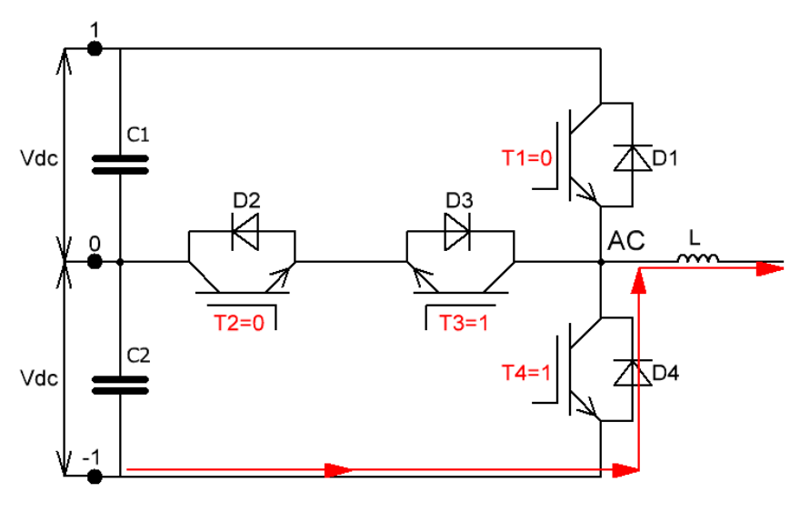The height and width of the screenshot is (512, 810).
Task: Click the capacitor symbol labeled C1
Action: [x=120, y=165]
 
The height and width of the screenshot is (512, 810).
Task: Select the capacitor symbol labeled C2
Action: [x=120, y=385]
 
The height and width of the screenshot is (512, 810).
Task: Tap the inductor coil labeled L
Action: [x=697, y=257]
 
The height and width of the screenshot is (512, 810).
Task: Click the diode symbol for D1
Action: [x=633, y=158]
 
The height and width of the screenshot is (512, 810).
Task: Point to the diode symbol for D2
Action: [x=245, y=232]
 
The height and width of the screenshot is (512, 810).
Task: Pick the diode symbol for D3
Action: [x=457, y=232]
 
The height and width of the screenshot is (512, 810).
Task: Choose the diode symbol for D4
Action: [x=633, y=373]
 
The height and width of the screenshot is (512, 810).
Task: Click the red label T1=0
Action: [x=527, y=158]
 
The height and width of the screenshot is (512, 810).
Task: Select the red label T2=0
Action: [x=239, y=323]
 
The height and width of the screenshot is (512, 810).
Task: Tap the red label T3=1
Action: [x=464, y=323]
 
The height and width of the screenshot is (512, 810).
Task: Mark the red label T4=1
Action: [x=526, y=373]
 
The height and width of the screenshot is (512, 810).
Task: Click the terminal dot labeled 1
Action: [x=95, y=48]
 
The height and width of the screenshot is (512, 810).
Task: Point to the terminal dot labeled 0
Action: [x=95, y=262]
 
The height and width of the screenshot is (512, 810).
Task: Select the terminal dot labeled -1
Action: [x=95, y=477]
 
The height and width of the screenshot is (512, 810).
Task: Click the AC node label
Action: [x=626, y=241]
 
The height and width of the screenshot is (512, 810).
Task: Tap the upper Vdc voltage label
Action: [x=39, y=158]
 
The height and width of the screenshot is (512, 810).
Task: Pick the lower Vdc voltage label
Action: [x=39, y=378]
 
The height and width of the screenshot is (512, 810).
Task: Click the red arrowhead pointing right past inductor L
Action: [x=770, y=268]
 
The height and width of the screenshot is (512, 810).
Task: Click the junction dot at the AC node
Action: [x=601, y=262]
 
